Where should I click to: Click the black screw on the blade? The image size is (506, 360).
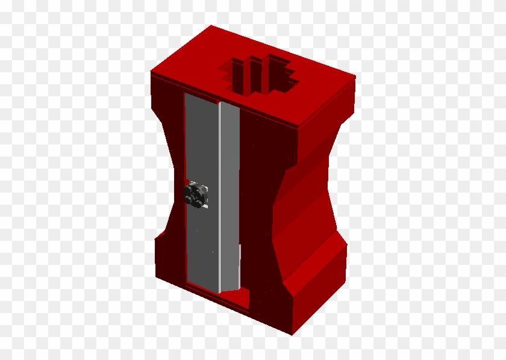196,195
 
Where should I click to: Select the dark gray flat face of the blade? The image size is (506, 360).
201,151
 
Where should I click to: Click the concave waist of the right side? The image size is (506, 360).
301,193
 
